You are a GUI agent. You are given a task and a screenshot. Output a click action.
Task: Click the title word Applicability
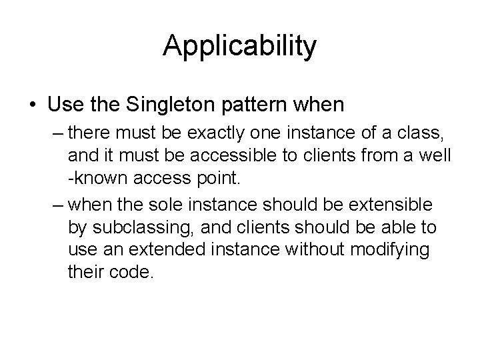point(240,47)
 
